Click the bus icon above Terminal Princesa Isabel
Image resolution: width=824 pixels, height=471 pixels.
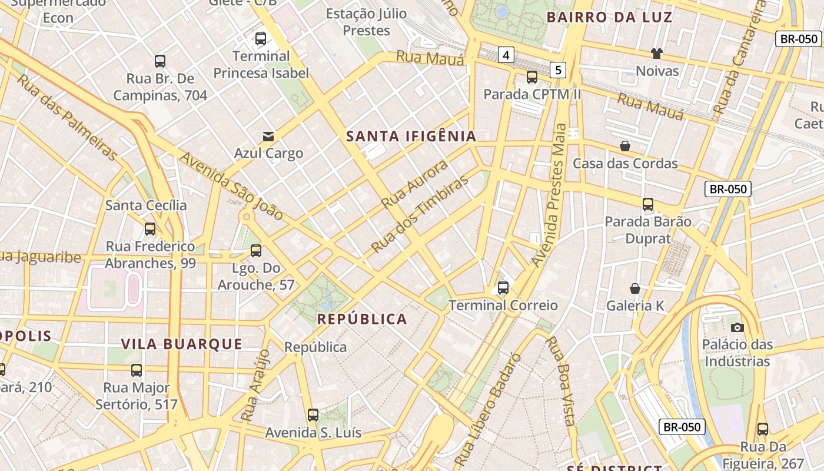[x=260, y=39]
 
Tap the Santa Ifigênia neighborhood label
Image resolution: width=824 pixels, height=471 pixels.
[x=411, y=137]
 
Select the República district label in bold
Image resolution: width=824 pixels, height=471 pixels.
[x=362, y=319]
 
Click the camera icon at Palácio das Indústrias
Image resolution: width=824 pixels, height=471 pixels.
[x=737, y=327]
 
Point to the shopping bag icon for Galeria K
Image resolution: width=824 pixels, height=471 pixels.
[x=635, y=288]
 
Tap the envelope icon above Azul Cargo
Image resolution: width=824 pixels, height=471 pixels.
[x=268, y=137]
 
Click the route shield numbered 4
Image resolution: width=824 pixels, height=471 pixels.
[x=506, y=55]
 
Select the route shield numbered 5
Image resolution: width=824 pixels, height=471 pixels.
[x=559, y=70]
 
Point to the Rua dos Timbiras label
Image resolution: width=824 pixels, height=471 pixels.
[x=420, y=213]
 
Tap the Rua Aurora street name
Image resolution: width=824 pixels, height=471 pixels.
[x=414, y=184]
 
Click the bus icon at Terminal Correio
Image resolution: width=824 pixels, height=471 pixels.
[x=503, y=288]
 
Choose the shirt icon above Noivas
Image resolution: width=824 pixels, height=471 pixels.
[x=657, y=54]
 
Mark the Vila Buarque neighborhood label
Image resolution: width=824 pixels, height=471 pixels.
[x=181, y=344]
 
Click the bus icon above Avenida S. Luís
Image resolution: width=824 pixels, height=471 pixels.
[x=313, y=415]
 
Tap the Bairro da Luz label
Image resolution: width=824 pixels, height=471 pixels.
[x=609, y=17]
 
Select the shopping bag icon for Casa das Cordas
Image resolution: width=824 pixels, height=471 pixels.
[x=625, y=146]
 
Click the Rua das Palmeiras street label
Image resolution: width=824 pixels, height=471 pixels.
[x=66, y=117]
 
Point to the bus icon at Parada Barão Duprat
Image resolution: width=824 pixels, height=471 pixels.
[x=648, y=204]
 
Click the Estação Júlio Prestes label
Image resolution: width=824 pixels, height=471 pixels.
[x=366, y=22]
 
